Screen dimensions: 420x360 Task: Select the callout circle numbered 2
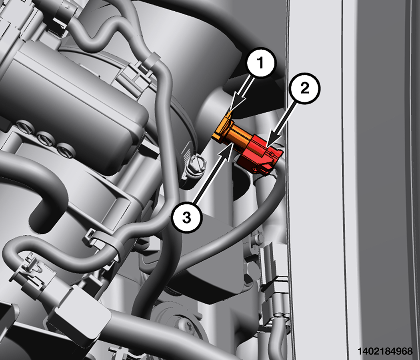pyautogui.click(x=305, y=88)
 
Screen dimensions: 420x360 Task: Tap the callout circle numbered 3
pyautogui.click(x=187, y=217)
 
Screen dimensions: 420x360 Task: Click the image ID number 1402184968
pyautogui.click(x=385, y=351)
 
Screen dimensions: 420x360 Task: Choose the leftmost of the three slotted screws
pyautogui.click(x=25, y=127)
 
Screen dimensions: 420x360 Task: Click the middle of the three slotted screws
pyautogui.click(x=44, y=138)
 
